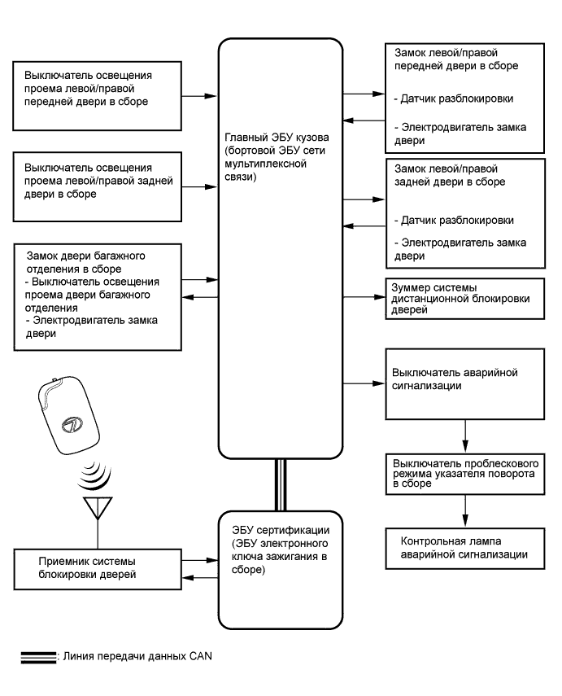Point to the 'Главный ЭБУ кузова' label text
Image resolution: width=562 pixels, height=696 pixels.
[263, 154]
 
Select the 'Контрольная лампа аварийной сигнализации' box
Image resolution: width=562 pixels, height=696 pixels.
[464, 547]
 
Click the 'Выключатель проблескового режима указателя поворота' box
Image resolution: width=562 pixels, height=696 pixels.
[464, 472]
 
